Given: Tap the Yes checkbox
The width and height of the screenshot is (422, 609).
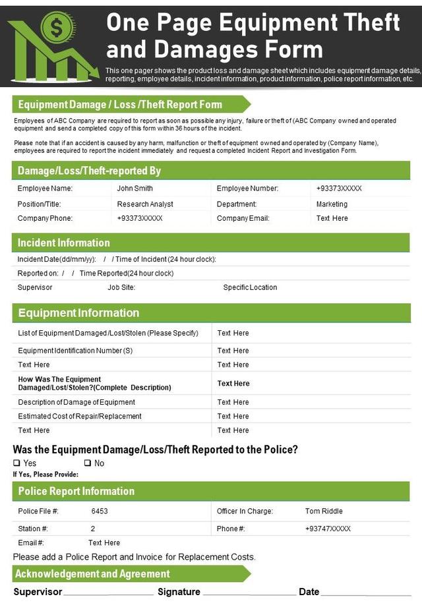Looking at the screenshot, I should [16, 463].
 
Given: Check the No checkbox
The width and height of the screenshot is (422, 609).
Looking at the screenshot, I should [87, 463].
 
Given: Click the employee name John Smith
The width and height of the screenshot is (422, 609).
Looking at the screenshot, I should [135, 188].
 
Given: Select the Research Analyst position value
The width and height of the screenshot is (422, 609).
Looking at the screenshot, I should [145, 204].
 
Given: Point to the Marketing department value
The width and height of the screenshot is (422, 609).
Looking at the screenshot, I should [332, 204].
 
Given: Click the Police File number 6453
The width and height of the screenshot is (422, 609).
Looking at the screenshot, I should [100, 511].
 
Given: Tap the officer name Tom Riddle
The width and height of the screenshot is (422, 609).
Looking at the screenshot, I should [324, 511].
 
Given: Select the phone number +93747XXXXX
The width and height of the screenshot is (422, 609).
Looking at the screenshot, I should [328, 529].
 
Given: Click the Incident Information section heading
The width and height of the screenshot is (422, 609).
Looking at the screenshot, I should [64, 243].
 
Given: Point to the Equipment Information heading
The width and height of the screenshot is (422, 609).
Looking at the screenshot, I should [78, 312].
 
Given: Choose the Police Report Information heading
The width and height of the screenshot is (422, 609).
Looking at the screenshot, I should [76, 491].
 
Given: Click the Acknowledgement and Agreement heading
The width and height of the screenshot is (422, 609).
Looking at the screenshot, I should [92, 573].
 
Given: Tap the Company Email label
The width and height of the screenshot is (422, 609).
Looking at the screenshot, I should [243, 218].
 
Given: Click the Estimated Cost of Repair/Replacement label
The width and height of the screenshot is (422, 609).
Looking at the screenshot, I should [80, 416].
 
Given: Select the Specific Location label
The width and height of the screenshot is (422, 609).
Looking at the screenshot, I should [250, 287].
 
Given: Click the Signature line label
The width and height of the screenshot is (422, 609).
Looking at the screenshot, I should [179, 592].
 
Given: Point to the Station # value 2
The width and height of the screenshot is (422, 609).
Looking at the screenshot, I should [93, 529].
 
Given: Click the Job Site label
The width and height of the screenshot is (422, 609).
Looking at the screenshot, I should [121, 287].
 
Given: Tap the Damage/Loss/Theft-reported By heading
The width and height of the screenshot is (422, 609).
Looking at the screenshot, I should [89, 171].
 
